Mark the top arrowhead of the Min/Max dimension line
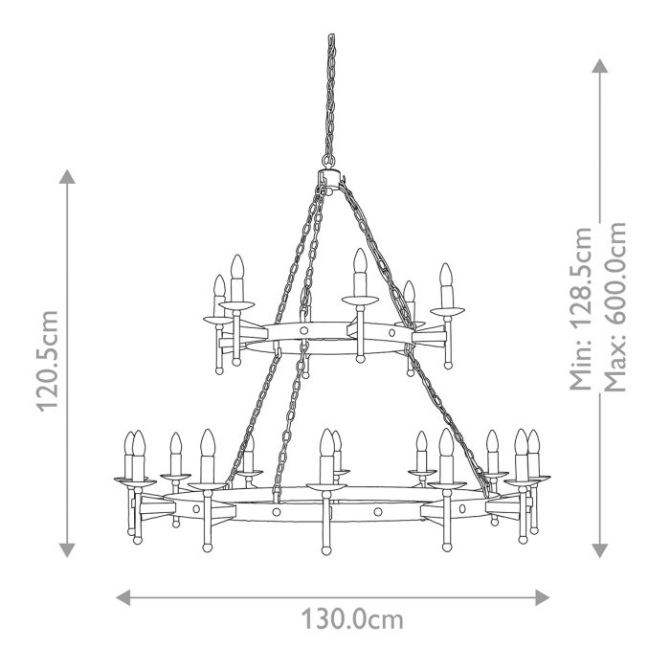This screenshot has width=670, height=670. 600,65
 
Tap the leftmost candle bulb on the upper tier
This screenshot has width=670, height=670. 219,285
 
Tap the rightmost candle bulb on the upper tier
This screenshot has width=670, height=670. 445,278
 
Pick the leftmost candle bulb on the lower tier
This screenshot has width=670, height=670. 130,444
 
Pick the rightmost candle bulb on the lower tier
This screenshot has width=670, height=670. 534,443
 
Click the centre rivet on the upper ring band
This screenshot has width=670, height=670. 304,330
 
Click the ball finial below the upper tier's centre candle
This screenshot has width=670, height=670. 360,359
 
